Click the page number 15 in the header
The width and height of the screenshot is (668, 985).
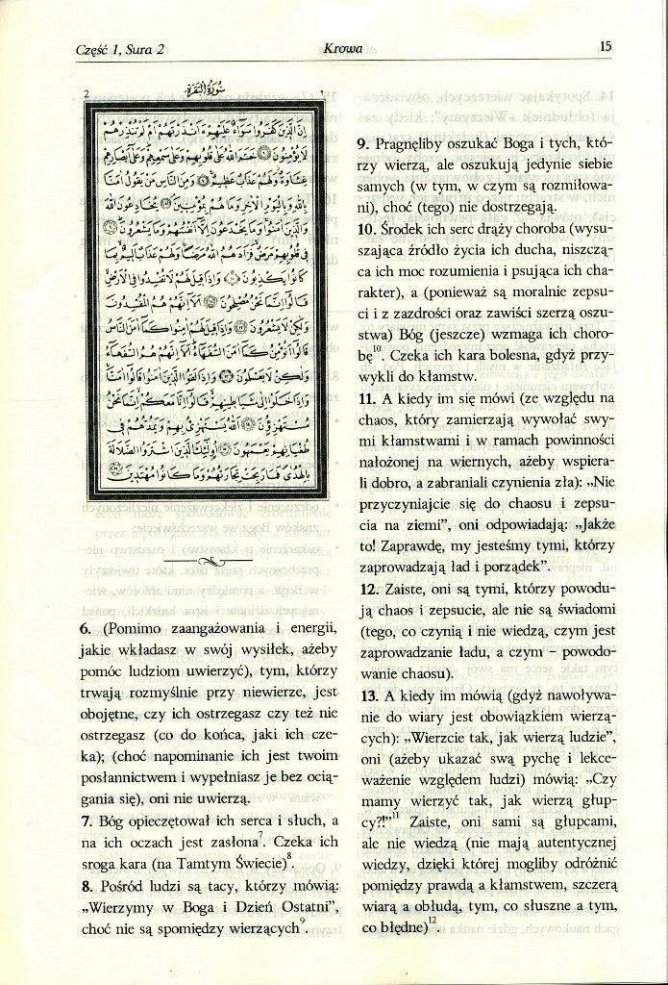[606, 44]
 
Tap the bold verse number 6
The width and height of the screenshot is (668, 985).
[85, 629]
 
